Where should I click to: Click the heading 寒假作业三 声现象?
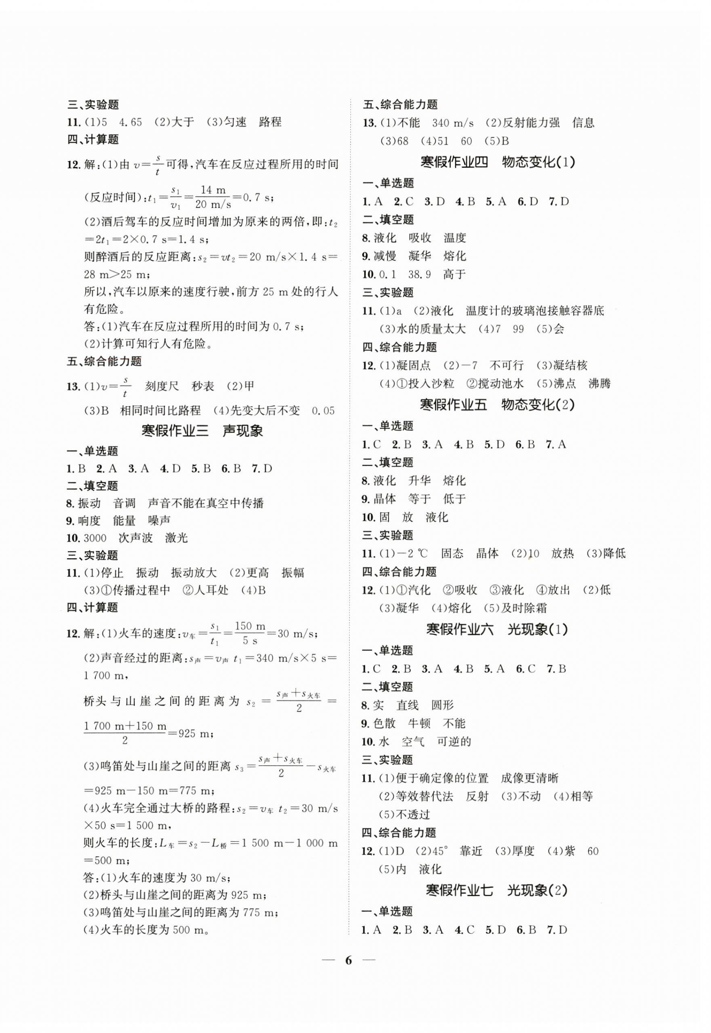click(x=202, y=430)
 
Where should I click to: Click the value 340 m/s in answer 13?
click(x=453, y=123)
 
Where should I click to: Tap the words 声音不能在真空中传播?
click(x=205, y=504)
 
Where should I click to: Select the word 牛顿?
click(x=419, y=723)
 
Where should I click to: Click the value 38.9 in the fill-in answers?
click(x=419, y=274)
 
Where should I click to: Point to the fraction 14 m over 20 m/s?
click(x=213, y=197)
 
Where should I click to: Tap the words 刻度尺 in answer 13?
click(x=162, y=386)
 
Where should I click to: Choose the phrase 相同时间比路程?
click(x=160, y=410)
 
